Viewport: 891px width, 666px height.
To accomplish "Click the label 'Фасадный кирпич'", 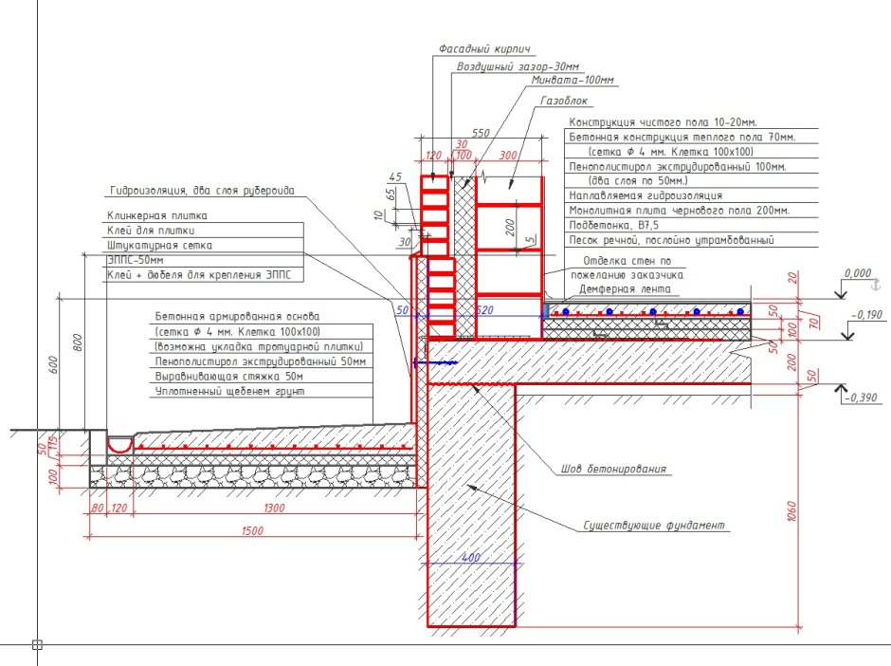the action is tap(484, 49).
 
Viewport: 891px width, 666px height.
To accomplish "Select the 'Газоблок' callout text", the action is tap(564, 101).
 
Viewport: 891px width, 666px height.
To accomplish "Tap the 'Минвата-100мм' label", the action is tap(573, 81).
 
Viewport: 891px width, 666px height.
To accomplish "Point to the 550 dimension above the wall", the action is tap(481, 133).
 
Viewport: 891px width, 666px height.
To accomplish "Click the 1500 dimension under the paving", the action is tap(252, 530).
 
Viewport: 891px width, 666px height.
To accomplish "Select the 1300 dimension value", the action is tap(274, 508).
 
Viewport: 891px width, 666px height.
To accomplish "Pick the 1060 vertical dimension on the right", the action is tap(792, 510).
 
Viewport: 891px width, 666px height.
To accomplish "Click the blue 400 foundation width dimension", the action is tap(471, 557).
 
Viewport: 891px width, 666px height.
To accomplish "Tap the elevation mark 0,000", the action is tap(858, 273).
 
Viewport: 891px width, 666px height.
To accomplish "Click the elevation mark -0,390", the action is tap(861, 398).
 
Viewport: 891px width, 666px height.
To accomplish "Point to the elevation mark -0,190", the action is tap(866, 315).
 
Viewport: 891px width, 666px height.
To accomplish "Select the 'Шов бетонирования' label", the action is tap(613, 469).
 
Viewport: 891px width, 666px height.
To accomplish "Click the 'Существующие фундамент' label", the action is tap(654, 525).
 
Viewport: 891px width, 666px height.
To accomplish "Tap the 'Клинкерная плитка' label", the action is tap(156, 215).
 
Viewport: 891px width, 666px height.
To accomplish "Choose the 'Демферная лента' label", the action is tap(625, 289).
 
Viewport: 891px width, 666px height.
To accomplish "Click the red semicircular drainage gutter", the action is tap(119, 445).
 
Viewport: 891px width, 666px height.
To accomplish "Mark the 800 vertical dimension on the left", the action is tap(78, 342).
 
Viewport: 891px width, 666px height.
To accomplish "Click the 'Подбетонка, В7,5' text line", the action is tap(613, 225).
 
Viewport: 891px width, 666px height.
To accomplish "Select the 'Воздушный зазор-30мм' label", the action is tap(518, 66).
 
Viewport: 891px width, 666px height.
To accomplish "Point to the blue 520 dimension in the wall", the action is tap(484, 310).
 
